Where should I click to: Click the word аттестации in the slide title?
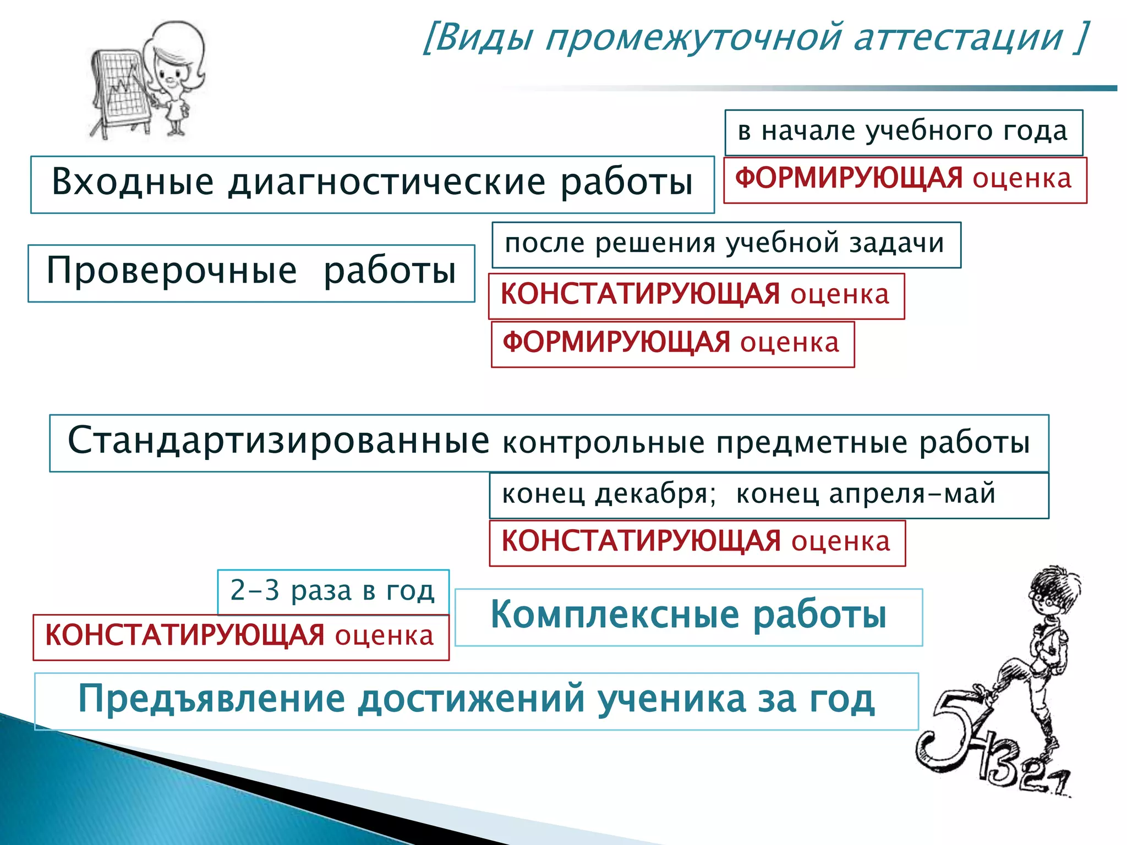pyautogui.click(x=958, y=37)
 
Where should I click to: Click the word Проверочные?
pyautogui.click(x=172, y=271)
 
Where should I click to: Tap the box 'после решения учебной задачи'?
pyautogui.click(x=725, y=244)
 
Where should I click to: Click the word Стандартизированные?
pyautogui.click(x=278, y=441)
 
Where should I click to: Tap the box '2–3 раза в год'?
pyautogui.click(x=332, y=591)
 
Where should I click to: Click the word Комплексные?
pyautogui.click(x=615, y=614)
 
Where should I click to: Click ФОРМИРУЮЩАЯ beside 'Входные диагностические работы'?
pyautogui.click(x=849, y=179)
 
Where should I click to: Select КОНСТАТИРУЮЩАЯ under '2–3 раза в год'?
pyautogui.click(x=184, y=636)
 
